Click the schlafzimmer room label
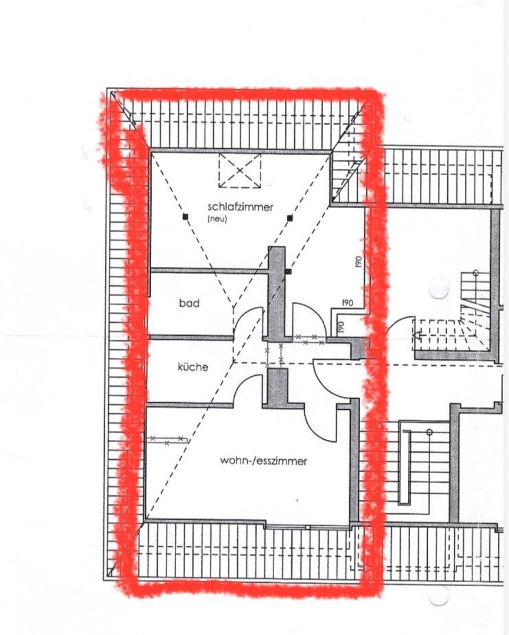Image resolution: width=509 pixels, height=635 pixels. (x=240, y=207)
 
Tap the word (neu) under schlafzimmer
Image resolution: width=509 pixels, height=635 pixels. (x=217, y=219)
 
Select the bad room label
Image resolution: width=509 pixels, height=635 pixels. (x=189, y=303)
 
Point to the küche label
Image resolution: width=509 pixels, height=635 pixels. (x=193, y=367)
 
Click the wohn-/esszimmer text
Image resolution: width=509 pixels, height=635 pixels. (x=264, y=462)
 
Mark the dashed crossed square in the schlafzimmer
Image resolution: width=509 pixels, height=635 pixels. (x=239, y=171)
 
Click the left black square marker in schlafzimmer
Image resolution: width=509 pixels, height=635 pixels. (x=185, y=217)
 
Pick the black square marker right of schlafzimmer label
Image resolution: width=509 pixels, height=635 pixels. (x=290, y=218)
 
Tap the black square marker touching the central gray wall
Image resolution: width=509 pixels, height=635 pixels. (x=288, y=272)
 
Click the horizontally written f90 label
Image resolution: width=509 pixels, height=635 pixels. (x=347, y=303)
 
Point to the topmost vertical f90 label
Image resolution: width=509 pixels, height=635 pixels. (x=358, y=262)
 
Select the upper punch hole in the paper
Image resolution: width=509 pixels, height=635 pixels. (x=439, y=288)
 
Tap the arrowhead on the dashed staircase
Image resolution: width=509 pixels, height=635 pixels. (x=417, y=337)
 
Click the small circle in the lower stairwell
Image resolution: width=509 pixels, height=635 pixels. (x=429, y=432)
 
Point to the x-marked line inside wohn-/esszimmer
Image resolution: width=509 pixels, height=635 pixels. (x=167, y=439)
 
